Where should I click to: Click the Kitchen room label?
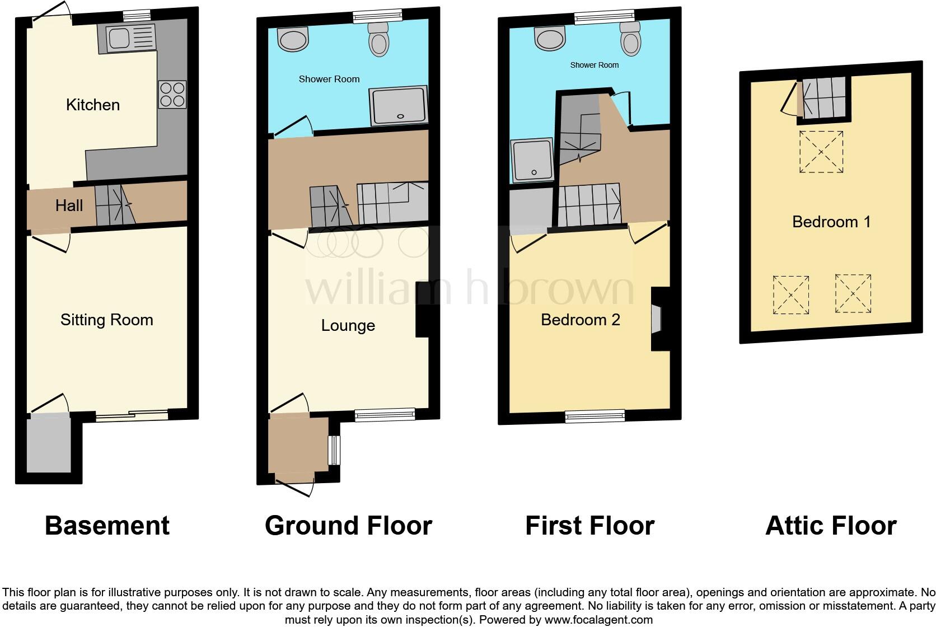tap(93, 105)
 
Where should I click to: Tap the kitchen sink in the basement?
tap(126, 39)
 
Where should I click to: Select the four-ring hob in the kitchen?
tap(172, 94)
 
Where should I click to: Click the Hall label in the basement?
tap(69, 205)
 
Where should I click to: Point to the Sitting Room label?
tap(107, 320)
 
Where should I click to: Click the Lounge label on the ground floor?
tap(348, 325)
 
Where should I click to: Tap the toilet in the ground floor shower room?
tap(379, 41)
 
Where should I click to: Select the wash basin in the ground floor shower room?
tap(293, 40)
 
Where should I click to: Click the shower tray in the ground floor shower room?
tap(398, 106)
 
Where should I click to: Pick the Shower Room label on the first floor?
tap(594, 65)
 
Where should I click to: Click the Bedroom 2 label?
tap(580, 320)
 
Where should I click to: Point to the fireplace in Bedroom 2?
tap(656, 319)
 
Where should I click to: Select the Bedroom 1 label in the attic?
tap(831, 222)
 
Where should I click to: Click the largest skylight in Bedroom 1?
tap(821, 152)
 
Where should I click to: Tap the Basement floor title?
tap(107, 526)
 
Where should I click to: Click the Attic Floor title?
tap(831, 526)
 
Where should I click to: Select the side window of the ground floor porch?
tap(334, 450)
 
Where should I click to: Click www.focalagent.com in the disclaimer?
tap(598, 620)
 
